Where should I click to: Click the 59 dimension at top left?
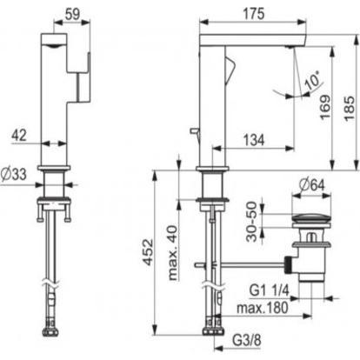pos(72,14)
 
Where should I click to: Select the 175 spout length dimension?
pos(254,14)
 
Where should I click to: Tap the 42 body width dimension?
pos(19,135)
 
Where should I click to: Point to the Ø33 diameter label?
pos(14,174)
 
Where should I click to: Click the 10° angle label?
pos(311,80)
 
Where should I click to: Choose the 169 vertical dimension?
pos(325,107)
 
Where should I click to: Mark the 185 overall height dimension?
pos(350,108)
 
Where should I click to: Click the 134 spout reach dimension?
pos(254,140)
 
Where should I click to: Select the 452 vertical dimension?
pos(148,252)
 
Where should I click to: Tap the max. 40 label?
pos(173,252)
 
